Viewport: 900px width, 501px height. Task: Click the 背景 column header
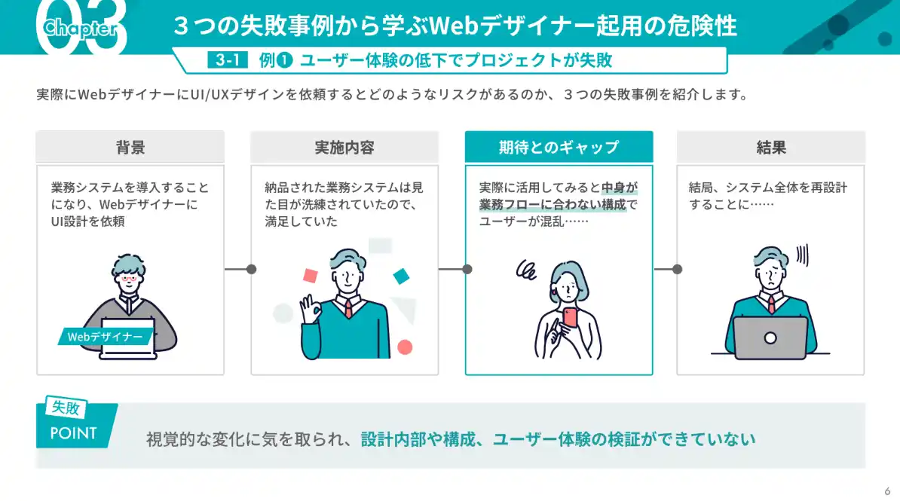(x=130, y=147)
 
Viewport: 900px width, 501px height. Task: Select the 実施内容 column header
(x=344, y=147)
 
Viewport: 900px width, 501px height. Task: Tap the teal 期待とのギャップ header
(x=559, y=147)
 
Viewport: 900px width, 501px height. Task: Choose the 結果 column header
(x=770, y=147)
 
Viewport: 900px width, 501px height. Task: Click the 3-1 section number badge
(x=227, y=61)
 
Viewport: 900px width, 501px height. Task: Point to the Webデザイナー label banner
(x=105, y=337)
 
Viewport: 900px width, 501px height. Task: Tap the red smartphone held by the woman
(x=570, y=317)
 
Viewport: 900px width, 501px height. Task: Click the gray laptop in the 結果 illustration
(x=770, y=338)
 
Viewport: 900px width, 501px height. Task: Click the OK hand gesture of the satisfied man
(x=308, y=308)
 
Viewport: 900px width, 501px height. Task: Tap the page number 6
(x=886, y=487)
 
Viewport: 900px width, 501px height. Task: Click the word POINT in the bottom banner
(x=73, y=433)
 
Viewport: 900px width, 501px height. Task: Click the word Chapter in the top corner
(x=80, y=29)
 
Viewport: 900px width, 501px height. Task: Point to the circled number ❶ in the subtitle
(x=285, y=61)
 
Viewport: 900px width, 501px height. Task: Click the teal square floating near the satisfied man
(x=401, y=276)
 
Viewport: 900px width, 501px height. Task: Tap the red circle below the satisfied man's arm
(x=405, y=347)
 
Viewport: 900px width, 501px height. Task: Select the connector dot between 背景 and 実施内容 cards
(x=252, y=269)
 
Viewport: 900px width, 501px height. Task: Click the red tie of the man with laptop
(x=771, y=303)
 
